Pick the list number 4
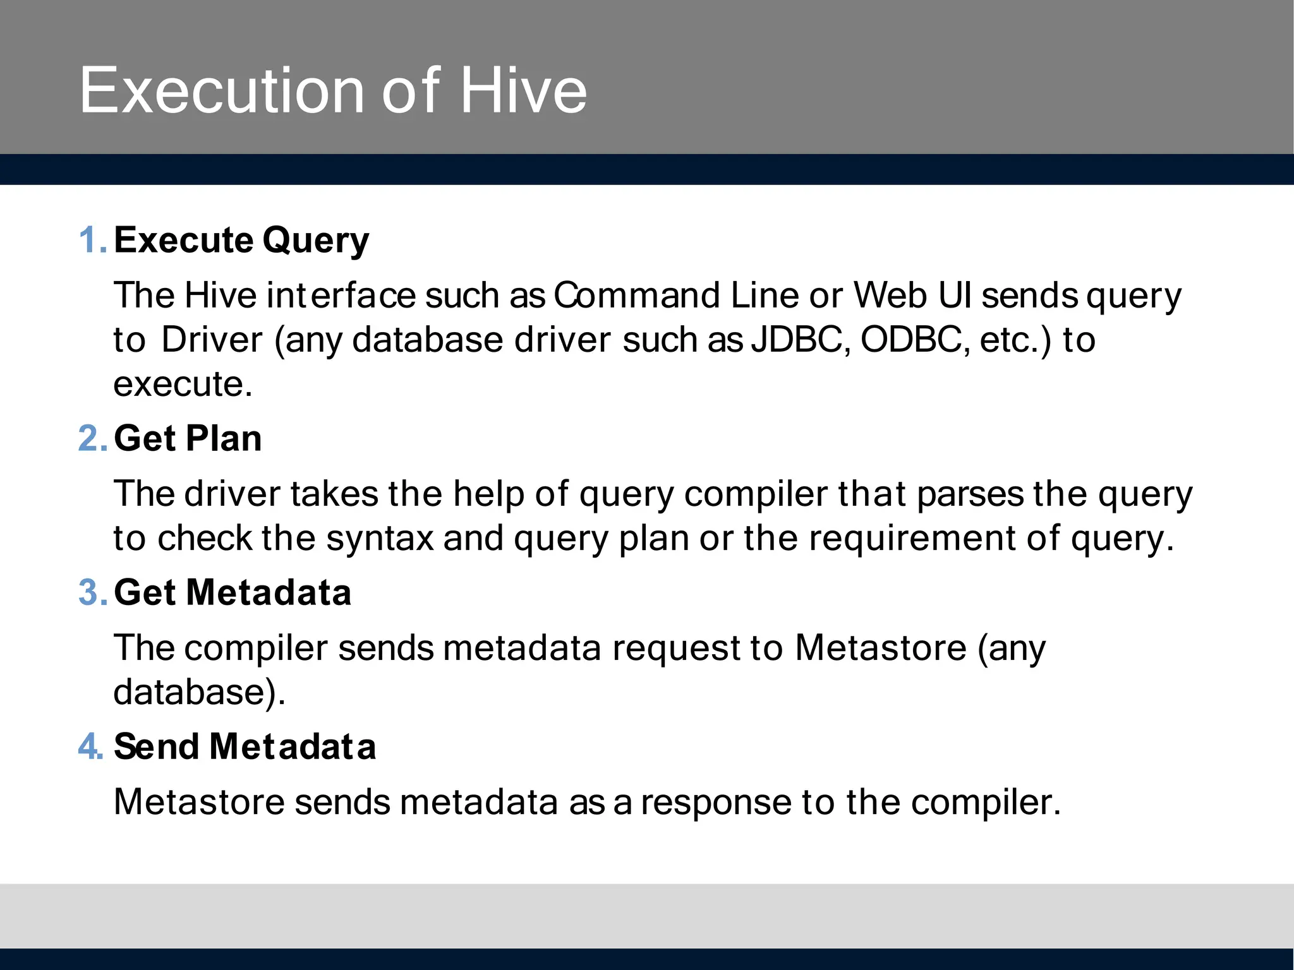click(x=91, y=746)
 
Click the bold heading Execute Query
click(x=241, y=241)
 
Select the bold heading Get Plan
click(x=188, y=438)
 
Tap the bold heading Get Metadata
click(x=233, y=592)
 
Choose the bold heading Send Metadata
click(x=245, y=746)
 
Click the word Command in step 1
click(x=637, y=295)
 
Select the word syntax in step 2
click(x=380, y=539)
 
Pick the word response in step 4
click(x=716, y=803)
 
